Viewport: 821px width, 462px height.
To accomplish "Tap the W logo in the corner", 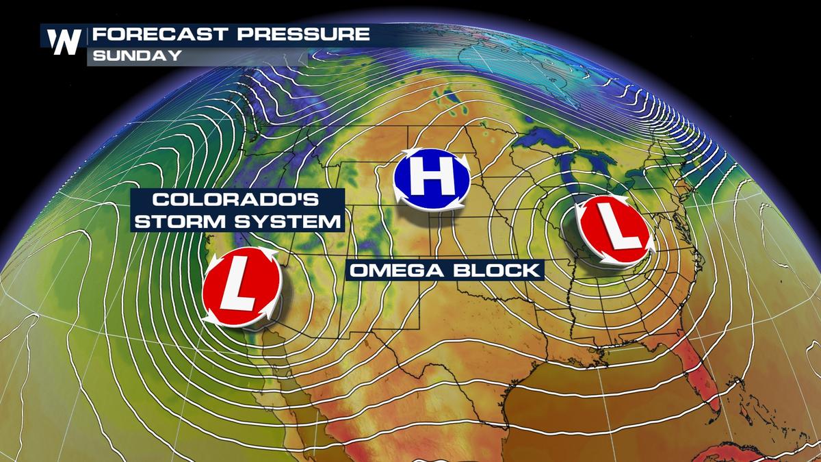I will [65, 42].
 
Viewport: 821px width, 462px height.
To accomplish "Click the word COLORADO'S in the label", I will [236, 201].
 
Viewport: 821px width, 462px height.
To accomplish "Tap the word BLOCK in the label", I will [495, 270].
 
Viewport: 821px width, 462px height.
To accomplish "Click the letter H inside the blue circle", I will [431, 181].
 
